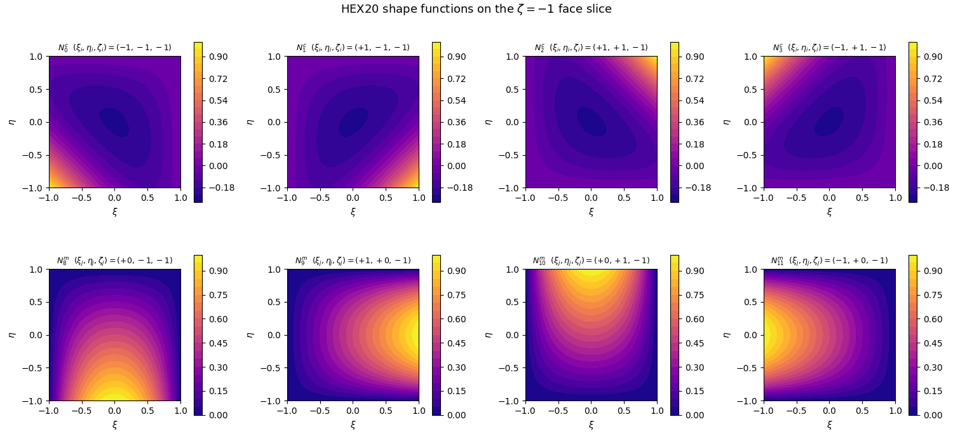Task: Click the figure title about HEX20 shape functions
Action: click(x=476, y=9)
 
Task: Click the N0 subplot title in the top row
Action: click(x=114, y=48)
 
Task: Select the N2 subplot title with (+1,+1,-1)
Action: click(x=591, y=48)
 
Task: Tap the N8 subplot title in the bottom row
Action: click(x=114, y=261)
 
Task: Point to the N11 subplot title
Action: click(x=829, y=261)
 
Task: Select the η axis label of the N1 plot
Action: click(x=250, y=122)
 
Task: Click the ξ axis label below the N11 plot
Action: click(x=829, y=424)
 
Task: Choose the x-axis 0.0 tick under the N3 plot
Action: click(x=829, y=198)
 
